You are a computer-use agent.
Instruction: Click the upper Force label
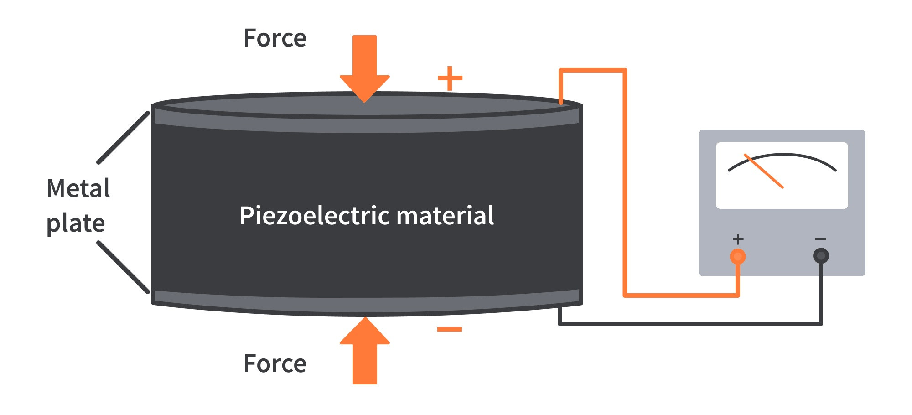275,38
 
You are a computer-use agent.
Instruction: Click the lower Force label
275,364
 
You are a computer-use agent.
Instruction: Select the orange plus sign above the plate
450,78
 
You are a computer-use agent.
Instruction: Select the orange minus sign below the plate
450,329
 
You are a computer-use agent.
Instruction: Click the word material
445,216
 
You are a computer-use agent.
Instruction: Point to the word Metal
78,188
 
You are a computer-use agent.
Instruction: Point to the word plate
76,224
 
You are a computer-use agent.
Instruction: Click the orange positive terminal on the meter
738,256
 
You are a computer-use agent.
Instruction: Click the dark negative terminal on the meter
821,256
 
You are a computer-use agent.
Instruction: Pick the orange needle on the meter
764,171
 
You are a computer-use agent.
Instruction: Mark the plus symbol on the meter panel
738,239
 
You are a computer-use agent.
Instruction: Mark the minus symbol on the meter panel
821,239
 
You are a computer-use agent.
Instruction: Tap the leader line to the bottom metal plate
123,267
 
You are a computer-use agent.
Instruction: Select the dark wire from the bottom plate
684,323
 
